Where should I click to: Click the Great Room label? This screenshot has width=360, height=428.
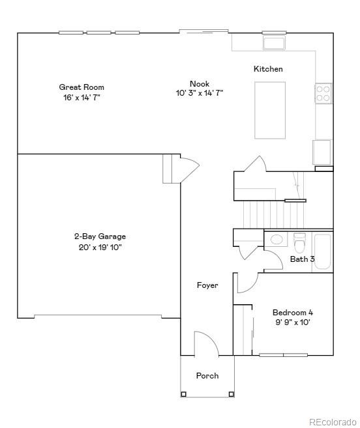pos(82,87)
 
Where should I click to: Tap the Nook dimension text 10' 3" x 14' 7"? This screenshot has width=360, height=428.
pos(200,93)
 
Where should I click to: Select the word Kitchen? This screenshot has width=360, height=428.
pos(268,69)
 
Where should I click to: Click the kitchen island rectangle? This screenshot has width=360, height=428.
pos(269,109)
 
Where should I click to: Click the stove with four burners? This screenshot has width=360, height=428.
pos(323,93)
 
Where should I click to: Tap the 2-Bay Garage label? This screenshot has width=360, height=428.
pos(100,236)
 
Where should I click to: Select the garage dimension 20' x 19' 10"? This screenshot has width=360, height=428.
pos(100,247)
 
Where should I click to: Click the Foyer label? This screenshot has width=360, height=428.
pos(207,285)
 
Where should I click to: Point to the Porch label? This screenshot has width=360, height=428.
pos(207,376)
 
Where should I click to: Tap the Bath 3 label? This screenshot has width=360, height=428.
pos(302,259)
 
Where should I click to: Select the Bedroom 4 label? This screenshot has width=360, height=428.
pos(293,312)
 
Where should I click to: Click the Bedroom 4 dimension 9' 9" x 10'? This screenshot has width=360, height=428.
pos(293,322)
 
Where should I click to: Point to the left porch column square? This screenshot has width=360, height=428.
pos(184,394)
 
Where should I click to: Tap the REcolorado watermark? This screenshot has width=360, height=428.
pos(333,421)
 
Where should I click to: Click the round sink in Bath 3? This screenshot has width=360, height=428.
pos(277,239)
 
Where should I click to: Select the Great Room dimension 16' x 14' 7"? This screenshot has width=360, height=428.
pos(82,97)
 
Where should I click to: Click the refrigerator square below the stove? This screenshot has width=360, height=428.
pos(322,152)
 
